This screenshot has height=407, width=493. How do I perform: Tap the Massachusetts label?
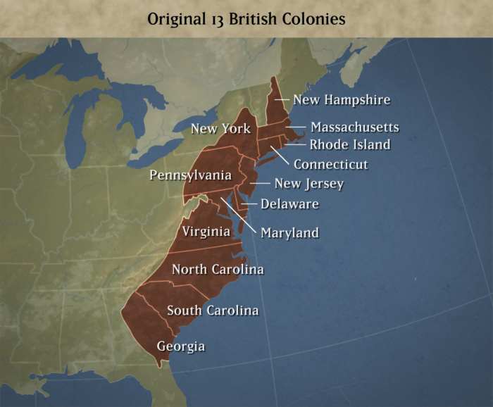(x=355, y=127)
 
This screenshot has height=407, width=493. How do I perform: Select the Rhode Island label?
(x=350, y=145)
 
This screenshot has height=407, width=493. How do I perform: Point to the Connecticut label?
(x=331, y=165)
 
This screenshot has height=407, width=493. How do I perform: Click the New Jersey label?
(x=308, y=184)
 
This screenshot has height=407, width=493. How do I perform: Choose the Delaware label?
(x=289, y=204)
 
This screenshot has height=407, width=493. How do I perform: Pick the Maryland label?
(x=289, y=232)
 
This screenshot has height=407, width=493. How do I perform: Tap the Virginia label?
(x=206, y=231)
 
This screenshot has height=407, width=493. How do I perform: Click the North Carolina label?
(x=218, y=269)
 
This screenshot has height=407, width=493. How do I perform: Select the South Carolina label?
(x=213, y=310)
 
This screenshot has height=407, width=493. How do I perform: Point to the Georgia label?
(x=181, y=346)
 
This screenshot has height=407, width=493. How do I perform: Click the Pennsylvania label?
(x=190, y=175)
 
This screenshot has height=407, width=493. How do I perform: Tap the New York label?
(x=220, y=129)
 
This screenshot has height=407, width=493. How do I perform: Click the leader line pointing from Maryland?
(x=238, y=214)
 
